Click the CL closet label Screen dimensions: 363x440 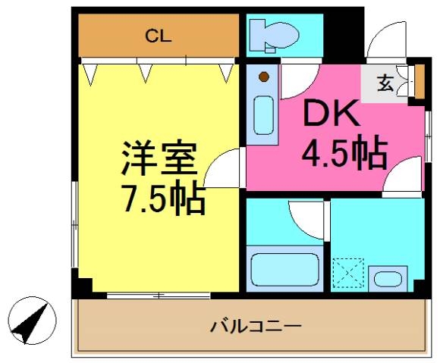[159, 34]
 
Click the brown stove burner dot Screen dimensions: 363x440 [263, 77]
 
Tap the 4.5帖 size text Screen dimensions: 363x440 [344, 154]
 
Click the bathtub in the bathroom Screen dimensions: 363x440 [284, 270]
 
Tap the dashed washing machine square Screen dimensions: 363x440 [349, 271]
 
